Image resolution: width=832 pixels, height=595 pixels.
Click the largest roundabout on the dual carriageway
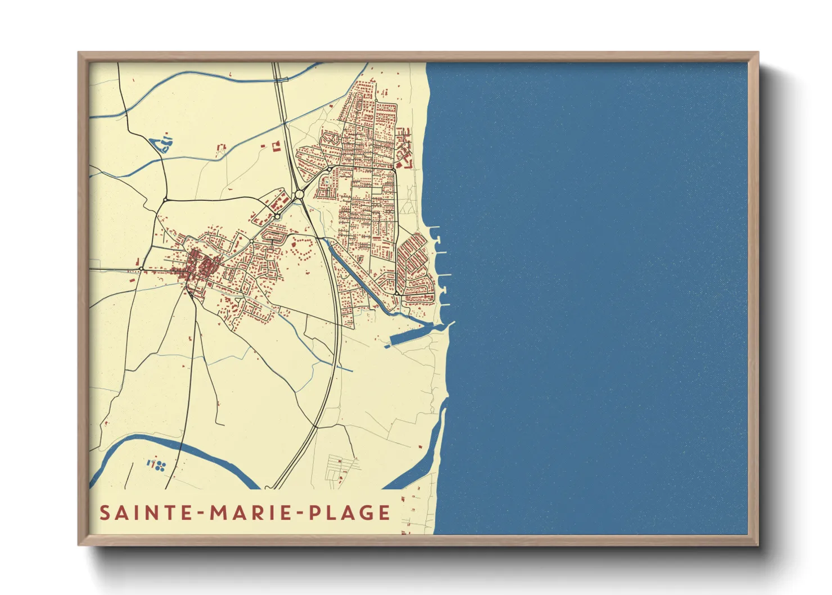tap(299, 195)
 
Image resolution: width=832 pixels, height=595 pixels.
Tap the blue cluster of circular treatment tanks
tap(157, 465)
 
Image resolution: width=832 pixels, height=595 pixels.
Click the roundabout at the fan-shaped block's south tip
tap(397, 293)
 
